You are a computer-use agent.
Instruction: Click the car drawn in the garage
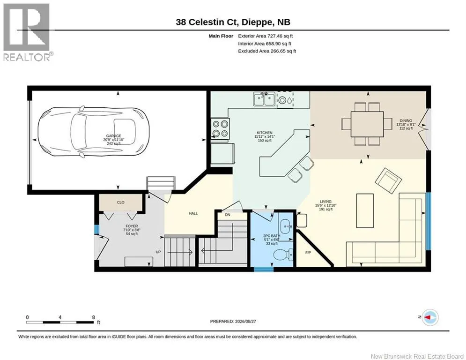coord(93,132)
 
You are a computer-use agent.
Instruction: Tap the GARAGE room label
coord(113,136)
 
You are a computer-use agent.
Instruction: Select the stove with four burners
coord(220,128)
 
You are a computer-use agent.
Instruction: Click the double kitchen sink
coord(264,99)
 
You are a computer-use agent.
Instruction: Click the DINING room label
coord(406,121)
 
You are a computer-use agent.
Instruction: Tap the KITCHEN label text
coord(265,133)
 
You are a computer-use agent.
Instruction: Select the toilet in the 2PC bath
coord(283,255)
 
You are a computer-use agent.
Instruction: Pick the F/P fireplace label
coord(308,253)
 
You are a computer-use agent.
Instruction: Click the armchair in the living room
coord(388,180)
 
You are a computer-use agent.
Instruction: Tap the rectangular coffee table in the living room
coord(365,210)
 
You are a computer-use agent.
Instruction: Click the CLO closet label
coord(121,202)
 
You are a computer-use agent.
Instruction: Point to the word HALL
coord(193,213)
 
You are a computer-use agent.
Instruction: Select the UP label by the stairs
coord(158,252)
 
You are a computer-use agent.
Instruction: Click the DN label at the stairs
coord(227,215)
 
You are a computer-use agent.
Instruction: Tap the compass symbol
coord(430,317)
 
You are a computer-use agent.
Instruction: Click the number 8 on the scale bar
coord(94,317)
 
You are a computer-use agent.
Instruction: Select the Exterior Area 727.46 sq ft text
coord(266,36)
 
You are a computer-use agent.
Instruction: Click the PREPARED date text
coord(233,321)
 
